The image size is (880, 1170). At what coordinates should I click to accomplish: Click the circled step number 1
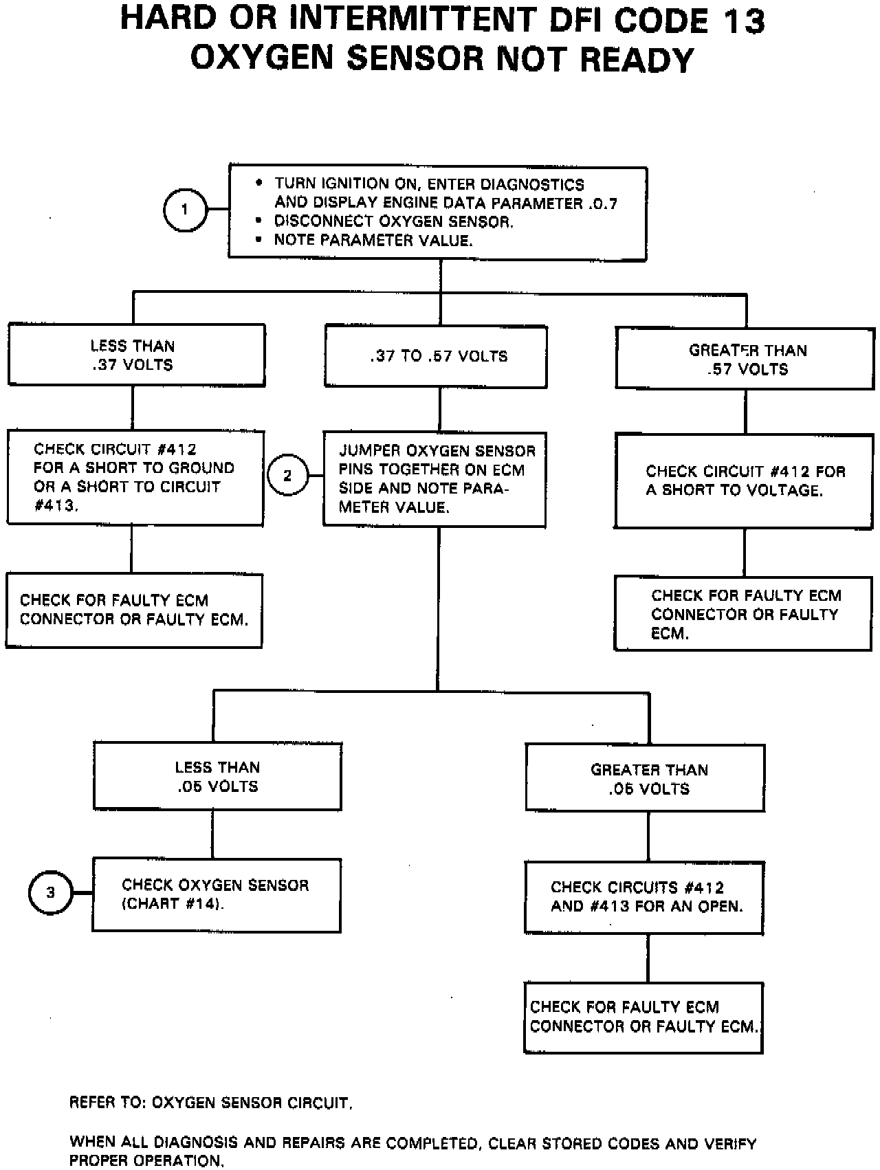(185, 210)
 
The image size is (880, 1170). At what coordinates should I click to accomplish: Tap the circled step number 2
(287, 475)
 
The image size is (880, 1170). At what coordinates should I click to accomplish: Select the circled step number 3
(50, 893)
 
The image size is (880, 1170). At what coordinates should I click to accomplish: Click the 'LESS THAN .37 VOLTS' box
(136, 355)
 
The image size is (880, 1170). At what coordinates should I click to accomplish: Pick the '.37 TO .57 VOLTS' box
(436, 356)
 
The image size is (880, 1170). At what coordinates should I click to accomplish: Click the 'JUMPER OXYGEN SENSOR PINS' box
(435, 479)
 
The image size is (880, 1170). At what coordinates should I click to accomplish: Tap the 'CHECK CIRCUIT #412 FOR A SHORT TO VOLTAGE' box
(744, 481)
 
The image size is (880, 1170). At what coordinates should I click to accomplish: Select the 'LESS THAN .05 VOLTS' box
(217, 776)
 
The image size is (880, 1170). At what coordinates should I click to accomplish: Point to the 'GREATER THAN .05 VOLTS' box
(646, 778)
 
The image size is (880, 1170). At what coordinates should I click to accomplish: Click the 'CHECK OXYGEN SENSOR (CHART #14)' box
(217, 894)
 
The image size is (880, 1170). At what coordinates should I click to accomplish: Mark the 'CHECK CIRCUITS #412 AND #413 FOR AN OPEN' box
(644, 897)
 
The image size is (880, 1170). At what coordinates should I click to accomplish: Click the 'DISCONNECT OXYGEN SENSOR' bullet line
(393, 221)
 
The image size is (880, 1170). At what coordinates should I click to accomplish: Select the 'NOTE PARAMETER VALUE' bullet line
(373, 240)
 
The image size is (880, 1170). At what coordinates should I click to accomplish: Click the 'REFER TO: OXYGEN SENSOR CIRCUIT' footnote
(211, 1103)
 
